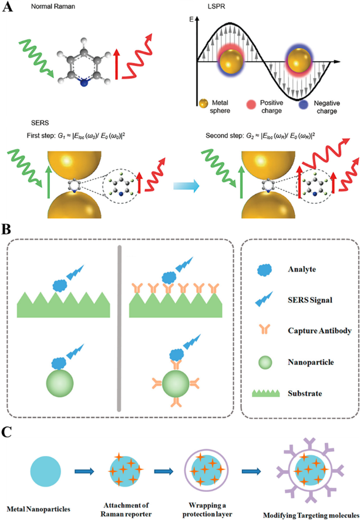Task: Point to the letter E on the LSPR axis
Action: pyautogui.click(x=190, y=19)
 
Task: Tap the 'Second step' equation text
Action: pyautogui.click(x=264, y=136)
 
